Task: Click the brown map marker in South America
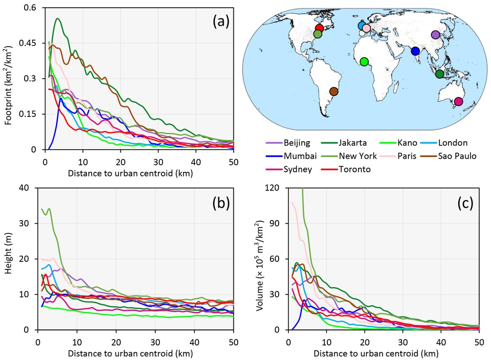[334, 92]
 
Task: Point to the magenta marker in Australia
[458, 101]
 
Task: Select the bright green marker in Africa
[364, 62]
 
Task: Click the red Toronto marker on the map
[319, 28]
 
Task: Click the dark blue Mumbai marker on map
[415, 51]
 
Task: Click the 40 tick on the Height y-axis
[29, 188]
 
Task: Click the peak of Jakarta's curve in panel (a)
[58, 18]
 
